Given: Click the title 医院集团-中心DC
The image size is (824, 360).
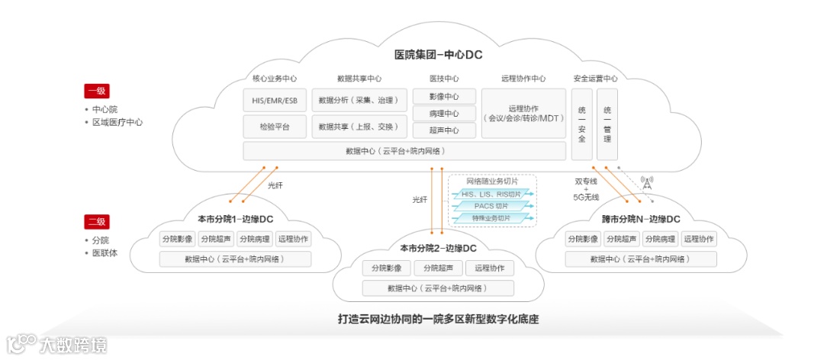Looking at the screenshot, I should click(438, 55).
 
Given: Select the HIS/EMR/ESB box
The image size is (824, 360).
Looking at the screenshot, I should click(275, 100).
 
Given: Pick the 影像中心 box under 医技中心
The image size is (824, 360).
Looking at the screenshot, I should click(444, 97).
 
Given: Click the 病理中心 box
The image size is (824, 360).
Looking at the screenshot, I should click(444, 114).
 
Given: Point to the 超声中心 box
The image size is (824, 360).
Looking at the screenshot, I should click(444, 130).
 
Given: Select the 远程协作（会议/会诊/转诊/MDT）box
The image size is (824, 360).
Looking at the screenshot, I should click(523, 113).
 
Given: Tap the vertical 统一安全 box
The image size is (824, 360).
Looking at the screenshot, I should click(582, 124).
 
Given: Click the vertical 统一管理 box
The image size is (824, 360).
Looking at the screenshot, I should click(607, 124).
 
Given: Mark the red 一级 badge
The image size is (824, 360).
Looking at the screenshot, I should click(97, 92).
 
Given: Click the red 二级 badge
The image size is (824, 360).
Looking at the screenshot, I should click(97, 222).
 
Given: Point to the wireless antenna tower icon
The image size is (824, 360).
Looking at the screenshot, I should click(647, 184).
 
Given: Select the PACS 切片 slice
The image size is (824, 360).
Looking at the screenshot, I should click(491, 206).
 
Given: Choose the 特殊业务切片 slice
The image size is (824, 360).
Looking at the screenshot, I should click(491, 218).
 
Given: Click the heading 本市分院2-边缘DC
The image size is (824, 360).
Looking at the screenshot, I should click(438, 249).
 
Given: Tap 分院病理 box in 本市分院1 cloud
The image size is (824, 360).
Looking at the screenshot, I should click(255, 239).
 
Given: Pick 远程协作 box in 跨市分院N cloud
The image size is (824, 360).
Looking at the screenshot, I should click(699, 239).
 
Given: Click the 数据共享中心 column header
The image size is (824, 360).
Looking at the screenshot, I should click(359, 79).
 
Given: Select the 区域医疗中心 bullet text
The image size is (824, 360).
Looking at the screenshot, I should click(117, 122).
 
